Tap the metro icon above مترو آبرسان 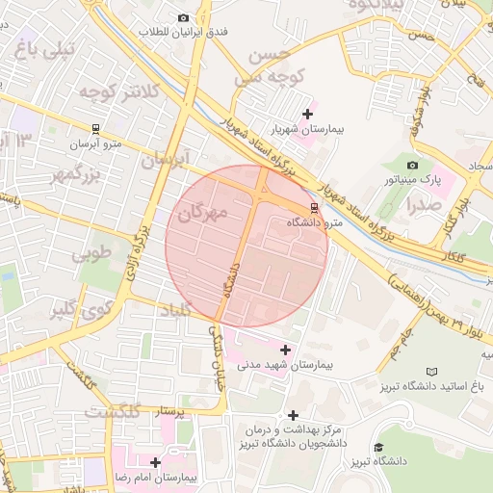click(x=95, y=129)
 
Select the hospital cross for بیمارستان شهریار click(x=306, y=114)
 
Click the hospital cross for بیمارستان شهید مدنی click(x=284, y=349)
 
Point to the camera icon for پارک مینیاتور click(x=413, y=165)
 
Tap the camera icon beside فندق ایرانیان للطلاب click(x=183, y=17)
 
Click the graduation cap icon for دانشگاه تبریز click(x=378, y=448)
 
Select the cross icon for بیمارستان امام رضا click(x=155, y=462)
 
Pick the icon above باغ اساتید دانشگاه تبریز click(x=431, y=372)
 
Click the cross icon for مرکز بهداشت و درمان click(x=293, y=415)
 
